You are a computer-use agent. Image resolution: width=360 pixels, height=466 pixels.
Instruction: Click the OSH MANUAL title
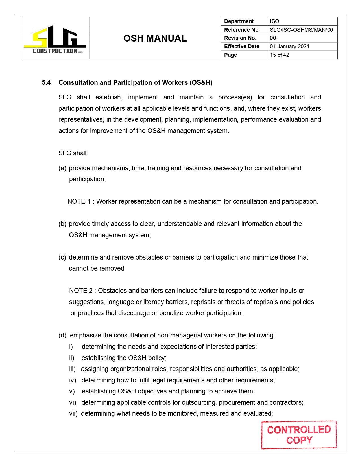click(155, 38)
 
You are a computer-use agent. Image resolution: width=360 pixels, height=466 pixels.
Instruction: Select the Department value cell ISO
click(274, 21)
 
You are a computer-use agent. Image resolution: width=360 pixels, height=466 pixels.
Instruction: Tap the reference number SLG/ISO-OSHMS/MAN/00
click(301, 30)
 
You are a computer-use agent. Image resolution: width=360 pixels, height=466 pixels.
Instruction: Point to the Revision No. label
click(240, 38)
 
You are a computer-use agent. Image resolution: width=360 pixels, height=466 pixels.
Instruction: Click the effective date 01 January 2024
click(289, 47)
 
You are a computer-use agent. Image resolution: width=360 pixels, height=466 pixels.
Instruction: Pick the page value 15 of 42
click(280, 55)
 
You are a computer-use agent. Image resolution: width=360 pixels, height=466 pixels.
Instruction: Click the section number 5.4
click(46, 83)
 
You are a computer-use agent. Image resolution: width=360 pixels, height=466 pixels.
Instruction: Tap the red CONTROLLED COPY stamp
click(299, 435)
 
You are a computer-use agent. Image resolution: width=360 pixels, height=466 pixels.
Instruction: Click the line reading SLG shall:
click(73, 153)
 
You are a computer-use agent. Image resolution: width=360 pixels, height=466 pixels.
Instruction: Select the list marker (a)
click(62, 168)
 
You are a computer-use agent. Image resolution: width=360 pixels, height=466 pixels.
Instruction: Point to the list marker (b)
click(62, 224)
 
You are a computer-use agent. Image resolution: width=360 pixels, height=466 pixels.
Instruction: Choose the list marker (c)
click(62, 258)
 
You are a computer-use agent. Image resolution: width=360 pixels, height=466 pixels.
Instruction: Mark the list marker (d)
click(62, 336)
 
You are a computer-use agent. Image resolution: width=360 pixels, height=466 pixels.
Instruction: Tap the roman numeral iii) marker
click(72, 369)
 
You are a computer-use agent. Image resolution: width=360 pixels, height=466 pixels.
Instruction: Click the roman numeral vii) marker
click(73, 414)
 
